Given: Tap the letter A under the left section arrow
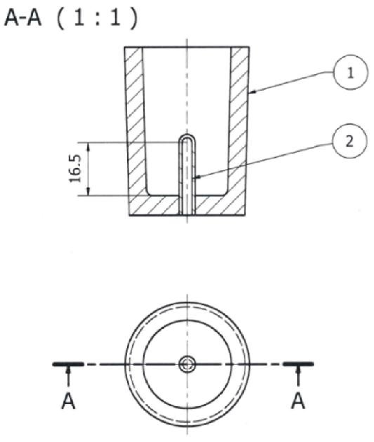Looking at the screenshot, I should pyautogui.click(x=68, y=402).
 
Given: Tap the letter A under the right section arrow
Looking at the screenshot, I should pyautogui.click(x=298, y=402).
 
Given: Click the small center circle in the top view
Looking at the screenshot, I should pyautogui.click(x=187, y=364).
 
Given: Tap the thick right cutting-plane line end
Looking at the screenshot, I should pyautogui.click(x=298, y=364).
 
